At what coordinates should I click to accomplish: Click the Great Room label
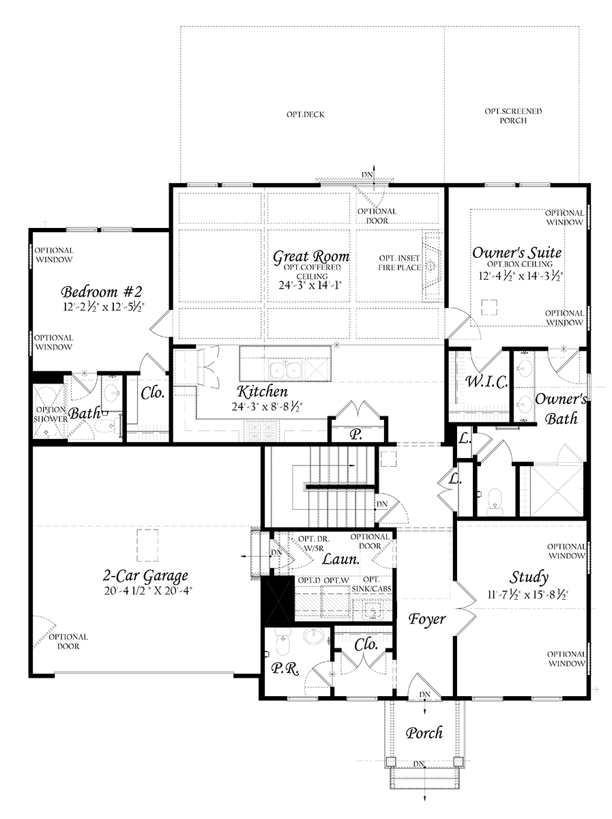coord(311,257)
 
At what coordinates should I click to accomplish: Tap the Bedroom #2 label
coord(102,291)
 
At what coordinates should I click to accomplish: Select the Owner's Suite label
coord(517,253)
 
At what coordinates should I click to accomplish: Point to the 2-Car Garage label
coord(145,577)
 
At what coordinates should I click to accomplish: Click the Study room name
coord(529,578)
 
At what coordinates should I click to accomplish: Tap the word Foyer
coord(427,619)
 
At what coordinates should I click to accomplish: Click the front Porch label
coord(424,733)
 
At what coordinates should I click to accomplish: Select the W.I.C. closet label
coord(487,382)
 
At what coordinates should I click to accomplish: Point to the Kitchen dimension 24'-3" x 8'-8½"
coord(267,406)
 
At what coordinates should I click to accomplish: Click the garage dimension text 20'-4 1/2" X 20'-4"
coord(148,591)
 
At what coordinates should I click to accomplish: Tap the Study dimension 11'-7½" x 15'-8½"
coord(527,594)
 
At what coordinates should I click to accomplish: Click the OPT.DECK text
coord(305,115)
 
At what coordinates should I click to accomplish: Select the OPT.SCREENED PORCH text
coord(513,115)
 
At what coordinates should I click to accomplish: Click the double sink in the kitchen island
coord(286,370)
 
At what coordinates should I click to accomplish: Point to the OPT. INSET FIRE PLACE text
coord(399,263)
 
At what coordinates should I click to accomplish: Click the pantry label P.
coord(357,435)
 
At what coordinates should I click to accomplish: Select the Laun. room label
coord(340,558)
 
